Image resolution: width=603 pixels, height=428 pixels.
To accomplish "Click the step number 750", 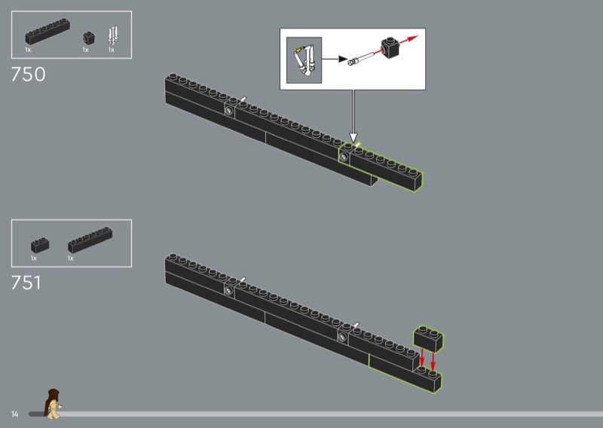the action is pos(28,74).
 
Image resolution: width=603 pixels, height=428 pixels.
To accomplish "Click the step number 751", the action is pos(26,283).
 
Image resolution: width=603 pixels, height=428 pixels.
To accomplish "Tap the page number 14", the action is pos(14,414).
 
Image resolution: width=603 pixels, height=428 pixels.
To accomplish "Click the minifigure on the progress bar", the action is pos(53,403).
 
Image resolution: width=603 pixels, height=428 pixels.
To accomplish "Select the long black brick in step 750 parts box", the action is pos(47,31).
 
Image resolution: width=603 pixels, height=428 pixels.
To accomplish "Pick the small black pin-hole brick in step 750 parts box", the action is pos(89,38).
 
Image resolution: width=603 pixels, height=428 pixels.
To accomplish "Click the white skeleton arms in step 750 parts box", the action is pos(113,35).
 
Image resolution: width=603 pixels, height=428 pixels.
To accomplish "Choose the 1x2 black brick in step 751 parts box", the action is pos(40,246).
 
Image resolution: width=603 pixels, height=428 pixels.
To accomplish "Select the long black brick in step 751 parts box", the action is pos(90,240).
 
